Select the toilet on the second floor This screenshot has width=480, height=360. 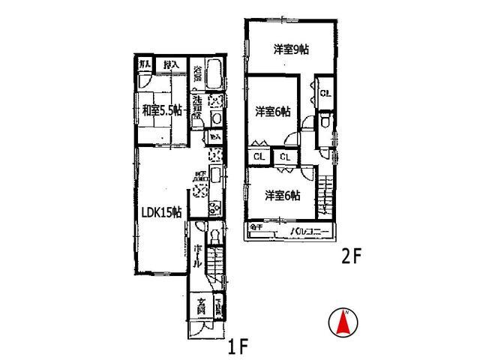(x=324, y=122)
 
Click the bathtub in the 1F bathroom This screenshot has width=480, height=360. (x=214, y=76)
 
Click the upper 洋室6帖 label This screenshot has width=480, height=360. (x=272, y=112)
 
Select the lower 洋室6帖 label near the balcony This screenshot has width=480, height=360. (x=282, y=196)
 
